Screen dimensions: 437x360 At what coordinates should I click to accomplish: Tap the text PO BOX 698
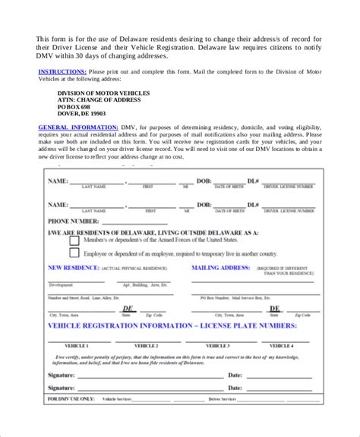[74, 107]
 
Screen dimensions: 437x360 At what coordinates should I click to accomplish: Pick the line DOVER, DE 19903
[82, 114]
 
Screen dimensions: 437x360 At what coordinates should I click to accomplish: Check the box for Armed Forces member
[74, 241]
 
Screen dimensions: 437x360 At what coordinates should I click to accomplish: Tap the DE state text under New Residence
[129, 309]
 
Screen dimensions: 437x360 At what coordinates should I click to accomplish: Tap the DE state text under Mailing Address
[274, 309]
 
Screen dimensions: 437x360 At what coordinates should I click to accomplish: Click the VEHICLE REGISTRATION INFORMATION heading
[172, 325]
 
